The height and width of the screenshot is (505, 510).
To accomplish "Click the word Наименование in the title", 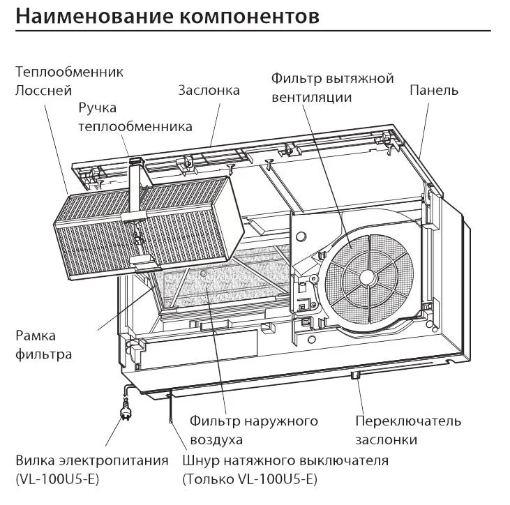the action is [x=94, y=16].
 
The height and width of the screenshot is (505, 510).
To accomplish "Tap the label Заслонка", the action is [x=209, y=91].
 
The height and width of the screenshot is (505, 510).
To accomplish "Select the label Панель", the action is [x=433, y=90].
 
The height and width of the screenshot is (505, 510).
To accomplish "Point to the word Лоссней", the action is [x=43, y=91].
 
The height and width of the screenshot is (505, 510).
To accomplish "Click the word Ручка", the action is [x=97, y=108].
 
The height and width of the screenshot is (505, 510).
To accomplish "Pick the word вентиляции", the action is [x=312, y=98].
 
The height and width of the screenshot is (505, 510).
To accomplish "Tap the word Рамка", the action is [x=36, y=336].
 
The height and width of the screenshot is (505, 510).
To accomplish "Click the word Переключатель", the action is [x=408, y=421].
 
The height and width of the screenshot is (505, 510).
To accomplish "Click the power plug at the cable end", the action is [x=126, y=412].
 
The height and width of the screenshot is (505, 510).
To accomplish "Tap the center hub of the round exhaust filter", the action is [x=367, y=277].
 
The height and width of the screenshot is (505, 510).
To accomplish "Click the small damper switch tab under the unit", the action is [x=355, y=375].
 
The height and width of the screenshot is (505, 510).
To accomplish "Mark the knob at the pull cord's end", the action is [x=170, y=421].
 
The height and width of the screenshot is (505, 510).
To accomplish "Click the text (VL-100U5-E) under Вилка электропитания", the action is [x=57, y=480].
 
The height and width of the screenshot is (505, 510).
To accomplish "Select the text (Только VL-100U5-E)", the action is [x=250, y=480].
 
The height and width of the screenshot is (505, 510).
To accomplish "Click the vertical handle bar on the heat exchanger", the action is [x=135, y=188].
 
